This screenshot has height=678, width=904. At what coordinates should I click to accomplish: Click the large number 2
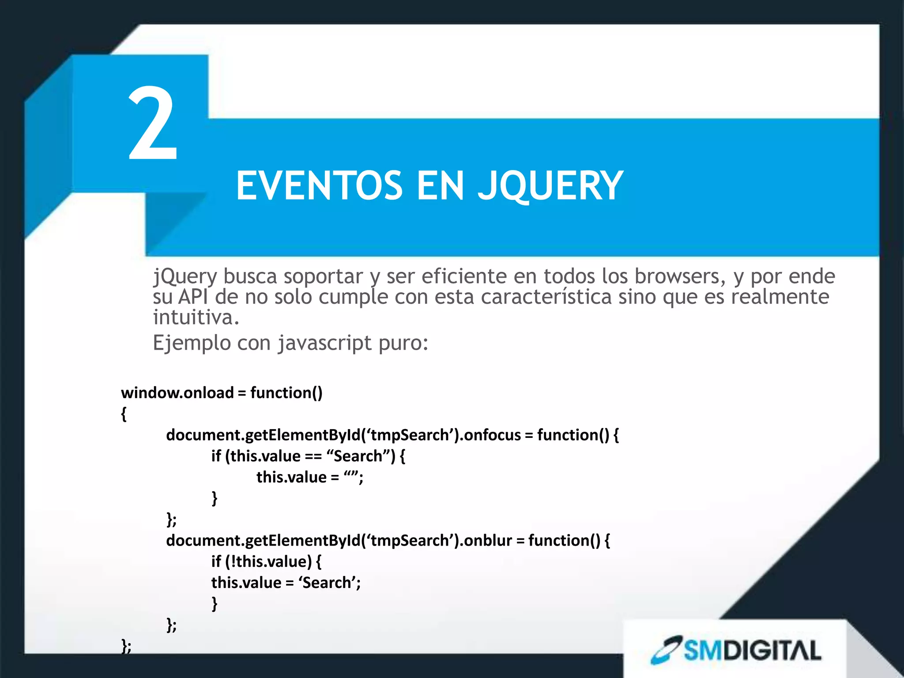point(153,124)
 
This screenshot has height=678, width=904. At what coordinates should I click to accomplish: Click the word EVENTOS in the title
point(319,186)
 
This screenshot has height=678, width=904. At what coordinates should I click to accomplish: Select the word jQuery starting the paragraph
point(185,277)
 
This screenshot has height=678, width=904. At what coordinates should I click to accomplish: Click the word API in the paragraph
point(193,297)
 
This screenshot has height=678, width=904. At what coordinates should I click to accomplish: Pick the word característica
point(546,297)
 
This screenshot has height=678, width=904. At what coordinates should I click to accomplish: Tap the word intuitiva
point(196,317)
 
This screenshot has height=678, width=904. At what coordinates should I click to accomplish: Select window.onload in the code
point(177,392)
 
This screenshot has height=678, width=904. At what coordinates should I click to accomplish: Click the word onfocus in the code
point(493,435)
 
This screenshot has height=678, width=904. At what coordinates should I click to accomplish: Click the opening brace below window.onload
point(124,414)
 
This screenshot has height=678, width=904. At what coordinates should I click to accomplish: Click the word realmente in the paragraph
point(780,297)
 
